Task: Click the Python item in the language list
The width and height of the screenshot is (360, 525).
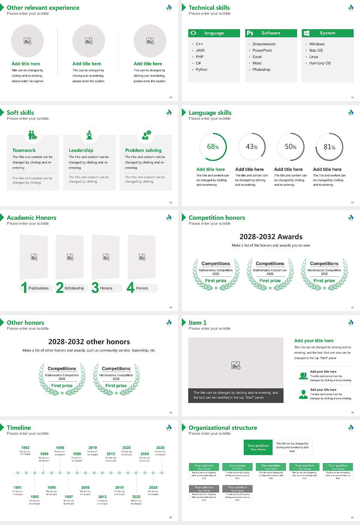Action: pyautogui.click(x=201, y=70)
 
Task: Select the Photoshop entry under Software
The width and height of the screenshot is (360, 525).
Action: pyautogui.click(x=261, y=70)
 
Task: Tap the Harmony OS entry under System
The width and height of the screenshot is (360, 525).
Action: pyautogui.click(x=320, y=63)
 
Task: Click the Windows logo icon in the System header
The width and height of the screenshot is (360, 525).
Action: pyautogui.click(x=306, y=33)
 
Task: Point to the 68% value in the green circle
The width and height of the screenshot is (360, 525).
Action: pyautogui.click(x=213, y=147)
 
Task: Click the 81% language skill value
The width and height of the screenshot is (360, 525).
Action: pyautogui.click(x=329, y=147)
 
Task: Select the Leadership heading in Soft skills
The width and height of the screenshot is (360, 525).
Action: pyautogui.click(x=81, y=150)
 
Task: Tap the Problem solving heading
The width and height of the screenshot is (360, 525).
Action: pyautogui.click(x=143, y=150)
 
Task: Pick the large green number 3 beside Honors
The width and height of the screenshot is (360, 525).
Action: pyautogui.click(x=95, y=288)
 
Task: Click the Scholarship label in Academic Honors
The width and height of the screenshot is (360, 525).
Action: pyautogui.click(x=74, y=288)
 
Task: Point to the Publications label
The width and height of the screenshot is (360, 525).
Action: pyautogui.click(x=39, y=288)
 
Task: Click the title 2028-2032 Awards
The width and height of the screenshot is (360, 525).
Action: pyautogui.click(x=271, y=237)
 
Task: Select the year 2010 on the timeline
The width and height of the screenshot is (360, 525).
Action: pyautogui.click(x=93, y=448)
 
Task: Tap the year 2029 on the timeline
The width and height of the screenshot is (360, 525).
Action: pyautogui.click(x=160, y=448)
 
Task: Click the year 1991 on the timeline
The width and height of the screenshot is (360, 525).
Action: pyautogui.click(x=18, y=488)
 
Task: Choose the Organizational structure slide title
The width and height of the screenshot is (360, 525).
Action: pyautogui.click(x=223, y=428)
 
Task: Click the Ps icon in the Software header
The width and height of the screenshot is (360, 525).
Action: pyautogui.click(x=250, y=33)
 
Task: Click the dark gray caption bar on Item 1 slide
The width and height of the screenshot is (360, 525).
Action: pyautogui.click(x=235, y=395)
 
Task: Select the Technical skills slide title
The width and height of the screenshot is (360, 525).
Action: pyautogui.click(x=209, y=8)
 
